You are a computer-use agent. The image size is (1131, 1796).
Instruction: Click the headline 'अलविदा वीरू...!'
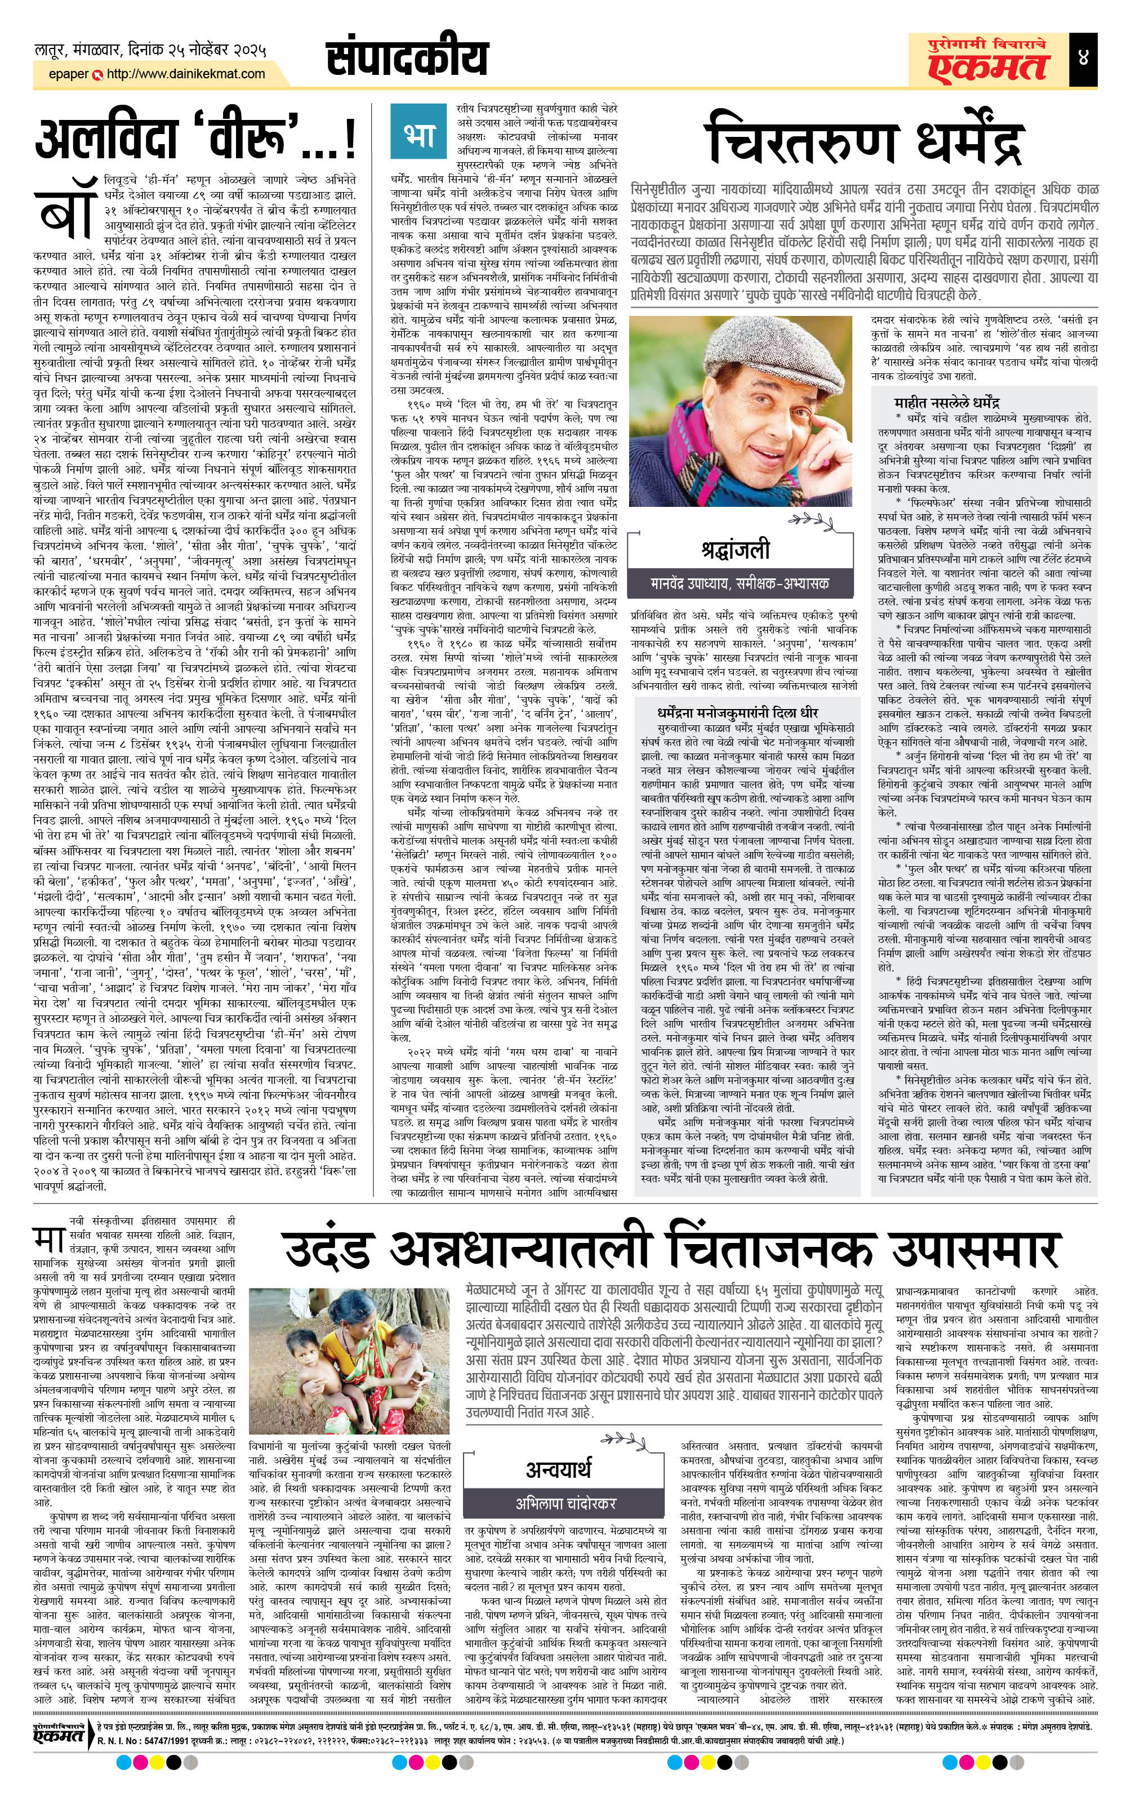coord(195,139)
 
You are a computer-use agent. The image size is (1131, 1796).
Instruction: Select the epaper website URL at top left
coord(185,74)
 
